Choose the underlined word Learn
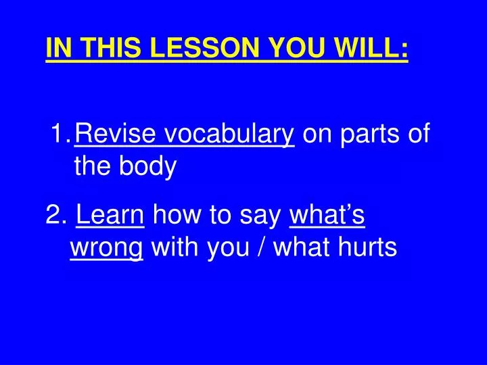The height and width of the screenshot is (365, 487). pyautogui.click(x=110, y=216)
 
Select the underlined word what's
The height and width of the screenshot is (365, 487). pyautogui.click(x=327, y=216)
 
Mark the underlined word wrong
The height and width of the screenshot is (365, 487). pyautogui.click(x=106, y=249)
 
